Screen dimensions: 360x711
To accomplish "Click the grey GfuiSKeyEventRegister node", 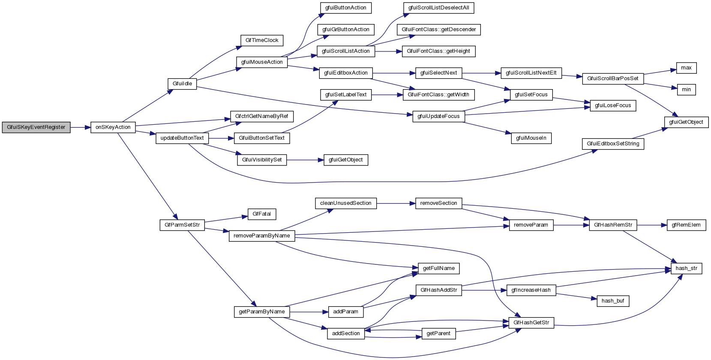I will pos(36,127).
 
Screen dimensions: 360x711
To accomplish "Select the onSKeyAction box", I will pos(113,127).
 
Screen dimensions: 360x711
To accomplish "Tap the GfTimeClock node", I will pos(262,40).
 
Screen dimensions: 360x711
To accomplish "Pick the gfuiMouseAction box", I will pos(261,62).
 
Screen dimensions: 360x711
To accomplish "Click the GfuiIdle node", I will pos(182,84).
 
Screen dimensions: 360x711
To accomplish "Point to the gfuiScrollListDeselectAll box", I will pos(438,8).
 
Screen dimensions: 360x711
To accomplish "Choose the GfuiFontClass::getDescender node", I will pos(438,30).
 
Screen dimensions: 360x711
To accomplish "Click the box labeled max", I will pos(686,68).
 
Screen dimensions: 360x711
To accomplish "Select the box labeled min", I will pos(686,90).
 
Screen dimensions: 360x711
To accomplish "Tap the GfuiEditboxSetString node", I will pos(613,144).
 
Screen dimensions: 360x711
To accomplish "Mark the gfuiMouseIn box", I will pos(531,138).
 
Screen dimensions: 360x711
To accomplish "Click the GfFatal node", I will pos(261,214).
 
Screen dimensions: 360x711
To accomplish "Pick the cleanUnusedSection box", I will pos(345,203).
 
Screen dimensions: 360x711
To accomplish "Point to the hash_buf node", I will pos(613,301).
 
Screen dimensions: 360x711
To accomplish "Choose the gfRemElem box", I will pos(686,225).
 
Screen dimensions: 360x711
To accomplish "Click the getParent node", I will pos(438,333).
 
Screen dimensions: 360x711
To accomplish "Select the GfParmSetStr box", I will pos(182,225).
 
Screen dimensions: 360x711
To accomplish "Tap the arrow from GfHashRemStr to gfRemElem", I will pos(652,225).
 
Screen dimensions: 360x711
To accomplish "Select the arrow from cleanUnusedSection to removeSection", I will pos(396,203).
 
